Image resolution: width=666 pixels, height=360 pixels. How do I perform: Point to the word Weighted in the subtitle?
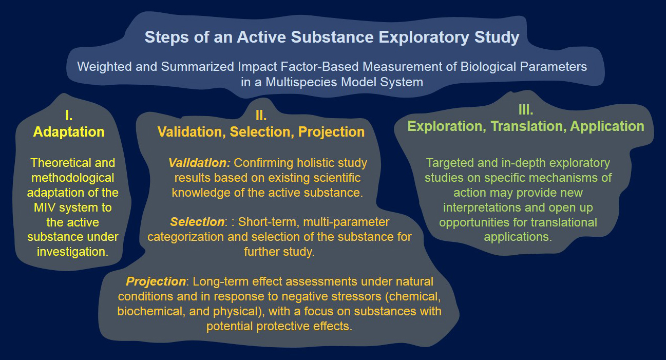104,67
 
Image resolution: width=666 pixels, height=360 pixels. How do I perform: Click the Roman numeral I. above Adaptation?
69,115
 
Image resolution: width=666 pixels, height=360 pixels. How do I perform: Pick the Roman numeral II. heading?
261,116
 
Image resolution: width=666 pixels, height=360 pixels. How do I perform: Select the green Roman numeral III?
526,110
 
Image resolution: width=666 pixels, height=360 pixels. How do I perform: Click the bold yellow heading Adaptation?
69,132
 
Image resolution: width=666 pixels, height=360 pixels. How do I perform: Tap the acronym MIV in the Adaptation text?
45,207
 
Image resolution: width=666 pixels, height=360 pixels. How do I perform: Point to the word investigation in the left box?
71,252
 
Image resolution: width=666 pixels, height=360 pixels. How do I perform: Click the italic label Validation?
199,163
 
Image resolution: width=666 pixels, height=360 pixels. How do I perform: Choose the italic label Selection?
197,222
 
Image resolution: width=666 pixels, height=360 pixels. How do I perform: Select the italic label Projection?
156,281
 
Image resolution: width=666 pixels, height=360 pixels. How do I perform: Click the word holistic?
317,163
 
